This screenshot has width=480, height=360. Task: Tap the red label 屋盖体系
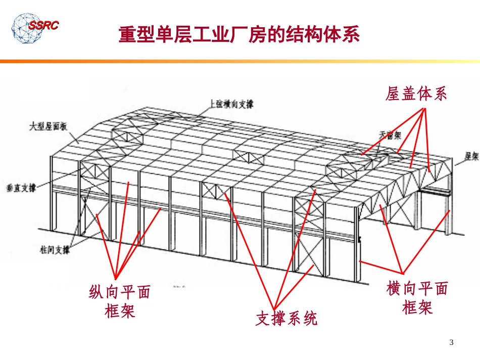point(416,94)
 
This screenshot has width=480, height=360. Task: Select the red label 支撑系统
point(286,319)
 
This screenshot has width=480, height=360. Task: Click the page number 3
point(452,343)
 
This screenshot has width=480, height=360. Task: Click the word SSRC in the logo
point(43,25)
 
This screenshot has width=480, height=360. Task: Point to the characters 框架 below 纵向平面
point(120,311)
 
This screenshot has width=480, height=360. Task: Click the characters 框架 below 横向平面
point(417,307)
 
